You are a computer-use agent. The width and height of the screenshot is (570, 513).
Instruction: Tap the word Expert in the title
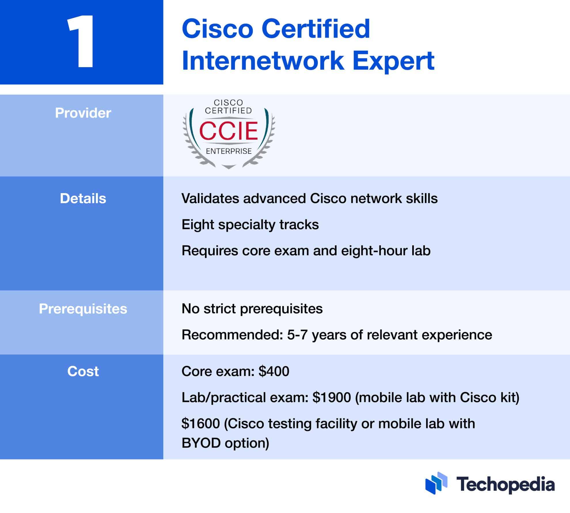tap(393, 61)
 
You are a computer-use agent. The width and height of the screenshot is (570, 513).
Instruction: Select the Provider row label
tap(83, 113)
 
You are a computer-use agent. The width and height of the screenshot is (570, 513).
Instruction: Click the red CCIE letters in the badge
tap(229, 131)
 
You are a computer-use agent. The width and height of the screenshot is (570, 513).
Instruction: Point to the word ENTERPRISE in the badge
tap(229, 151)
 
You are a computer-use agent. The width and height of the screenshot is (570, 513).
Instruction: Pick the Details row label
tap(83, 198)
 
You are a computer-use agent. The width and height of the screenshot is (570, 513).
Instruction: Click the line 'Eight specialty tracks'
tap(250, 225)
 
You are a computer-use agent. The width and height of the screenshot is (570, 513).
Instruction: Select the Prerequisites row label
tap(83, 309)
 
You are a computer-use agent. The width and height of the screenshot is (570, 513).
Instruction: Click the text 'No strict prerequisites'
tap(252, 309)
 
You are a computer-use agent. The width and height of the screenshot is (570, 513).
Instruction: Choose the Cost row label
tap(83, 371)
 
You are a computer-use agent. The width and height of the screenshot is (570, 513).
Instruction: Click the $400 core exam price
tap(274, 371)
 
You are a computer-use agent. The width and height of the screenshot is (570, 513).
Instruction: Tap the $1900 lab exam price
tap(332, 397)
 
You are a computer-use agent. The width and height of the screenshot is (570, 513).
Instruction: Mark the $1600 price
tap(201, 423)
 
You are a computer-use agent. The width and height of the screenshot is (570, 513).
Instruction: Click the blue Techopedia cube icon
tap(436, 483)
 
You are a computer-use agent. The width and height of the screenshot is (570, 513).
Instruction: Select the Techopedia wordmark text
tap(505, 484)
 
